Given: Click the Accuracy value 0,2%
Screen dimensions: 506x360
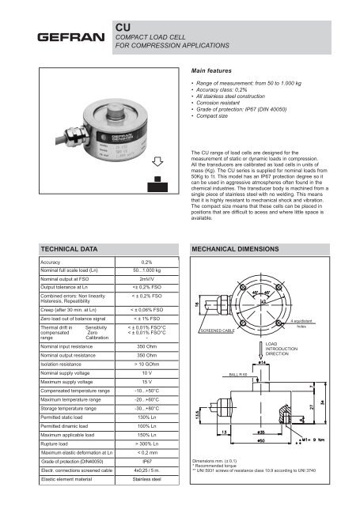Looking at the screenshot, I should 146,262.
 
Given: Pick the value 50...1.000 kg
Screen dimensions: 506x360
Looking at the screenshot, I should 146,271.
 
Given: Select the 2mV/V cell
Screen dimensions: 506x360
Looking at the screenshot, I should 146,280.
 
